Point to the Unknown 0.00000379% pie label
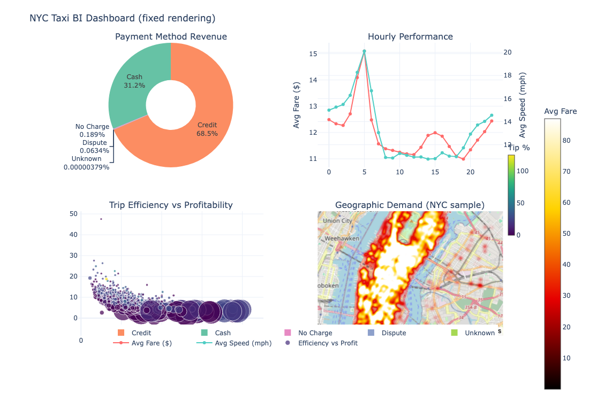pyautogui.click(x=86, y=163)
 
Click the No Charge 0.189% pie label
pyautogui.click(x=92, y=130)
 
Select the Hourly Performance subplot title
pyautogui.click(x=410, y=37)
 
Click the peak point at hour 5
pyautogui.click(x=364, y=51)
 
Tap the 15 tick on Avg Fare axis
pyautogui.click(x=314, y=54)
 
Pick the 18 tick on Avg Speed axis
pyautogui.click(x=507, y=75)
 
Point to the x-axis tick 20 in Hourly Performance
pyautogui.click(x=470, y=172)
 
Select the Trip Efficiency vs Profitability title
pyautogui.click(x=171, y=205)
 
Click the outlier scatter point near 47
pyautogui.click(x=101, y=219)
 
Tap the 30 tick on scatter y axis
pyautogui.click(x=74, y=256)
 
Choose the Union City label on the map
pyautogui.click(x=337, y=220)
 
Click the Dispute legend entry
pyautogui.click(x=394, y=333)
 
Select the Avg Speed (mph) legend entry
pyautogui.click(x=243, y=343)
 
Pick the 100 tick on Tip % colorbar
pyautogui.click(x=522, y=172)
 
